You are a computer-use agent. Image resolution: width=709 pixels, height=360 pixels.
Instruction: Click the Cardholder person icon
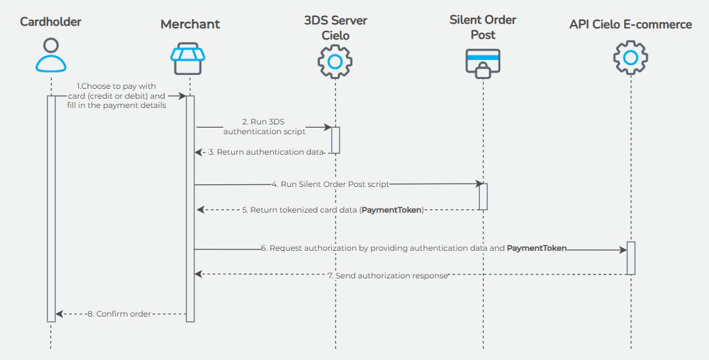tap(51, 55)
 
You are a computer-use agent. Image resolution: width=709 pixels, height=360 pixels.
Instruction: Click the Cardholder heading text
tap(51, 22)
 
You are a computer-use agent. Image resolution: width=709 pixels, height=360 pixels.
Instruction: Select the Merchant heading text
tap(190, 24)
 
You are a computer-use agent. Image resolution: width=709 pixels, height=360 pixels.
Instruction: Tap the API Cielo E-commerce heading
tap(631, 24)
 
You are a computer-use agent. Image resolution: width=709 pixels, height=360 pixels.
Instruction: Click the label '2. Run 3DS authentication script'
tap(264, 126)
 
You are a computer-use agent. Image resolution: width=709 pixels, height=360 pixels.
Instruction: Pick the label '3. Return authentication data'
tap(266, 152)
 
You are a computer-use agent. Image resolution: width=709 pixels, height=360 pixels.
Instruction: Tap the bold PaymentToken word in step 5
tap(391, 210)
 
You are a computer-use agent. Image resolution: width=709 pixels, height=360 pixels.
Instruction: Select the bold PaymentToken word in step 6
tap(537, 249)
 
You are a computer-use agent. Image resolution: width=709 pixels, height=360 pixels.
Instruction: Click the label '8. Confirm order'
tap(119, 314)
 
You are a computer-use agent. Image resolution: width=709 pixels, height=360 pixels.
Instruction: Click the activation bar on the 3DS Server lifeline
tap(335, 140)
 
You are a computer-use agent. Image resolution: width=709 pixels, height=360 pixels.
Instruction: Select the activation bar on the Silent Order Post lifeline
tap(483, 196)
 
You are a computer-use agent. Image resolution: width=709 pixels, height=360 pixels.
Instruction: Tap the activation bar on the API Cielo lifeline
tap(631, 258)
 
